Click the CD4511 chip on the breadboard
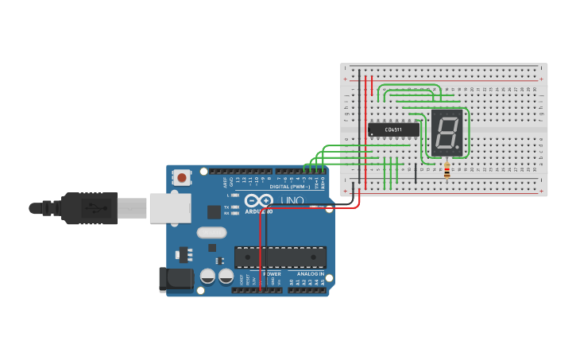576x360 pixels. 393,130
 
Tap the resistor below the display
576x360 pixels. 446,170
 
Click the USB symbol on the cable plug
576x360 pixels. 95,209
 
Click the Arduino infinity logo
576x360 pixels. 259,201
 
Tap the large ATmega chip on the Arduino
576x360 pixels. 280,257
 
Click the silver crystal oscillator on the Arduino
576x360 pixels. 211,233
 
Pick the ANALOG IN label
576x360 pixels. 307,273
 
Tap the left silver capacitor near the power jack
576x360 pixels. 207,276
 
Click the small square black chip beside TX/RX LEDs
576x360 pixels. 214,211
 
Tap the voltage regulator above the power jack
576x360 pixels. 185,254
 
